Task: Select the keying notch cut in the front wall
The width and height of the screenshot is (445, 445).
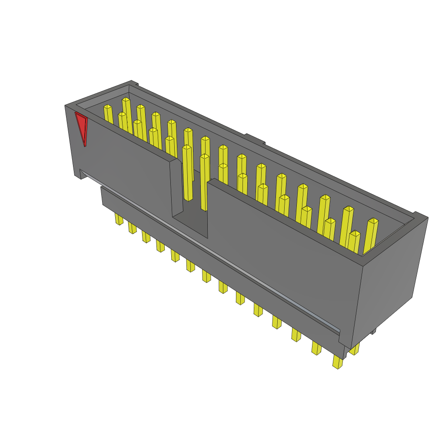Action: coord(189,191)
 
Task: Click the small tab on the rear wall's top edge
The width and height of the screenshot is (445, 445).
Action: coord(255,139)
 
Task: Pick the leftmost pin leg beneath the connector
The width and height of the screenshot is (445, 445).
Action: coord(119,219)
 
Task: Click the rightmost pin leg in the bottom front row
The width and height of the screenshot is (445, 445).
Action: coord(338,362)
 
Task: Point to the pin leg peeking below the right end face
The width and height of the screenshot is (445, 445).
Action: coord(355,349)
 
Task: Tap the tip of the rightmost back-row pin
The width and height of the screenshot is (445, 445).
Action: coord(373,221)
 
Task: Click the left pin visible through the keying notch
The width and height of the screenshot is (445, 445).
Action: coord(187,174)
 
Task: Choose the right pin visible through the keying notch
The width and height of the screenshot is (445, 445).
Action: coord(204,183)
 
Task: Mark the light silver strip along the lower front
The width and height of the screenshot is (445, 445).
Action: coord(209,252)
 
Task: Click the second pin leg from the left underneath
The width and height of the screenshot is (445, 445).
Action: coord(132,228)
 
